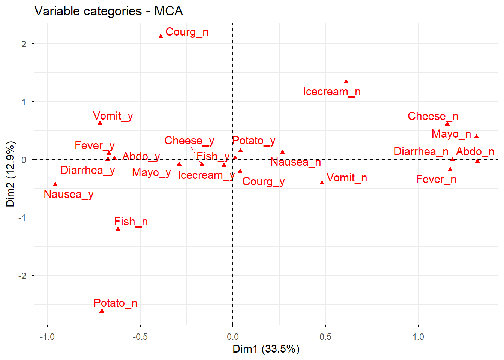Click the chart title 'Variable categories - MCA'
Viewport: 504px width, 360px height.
point(108,11)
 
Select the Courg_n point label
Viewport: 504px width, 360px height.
point(187,32)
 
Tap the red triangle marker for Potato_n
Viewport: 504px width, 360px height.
point(102,311)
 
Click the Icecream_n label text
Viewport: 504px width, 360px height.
point(332,92)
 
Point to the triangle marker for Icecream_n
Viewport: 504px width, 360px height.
point(346,81)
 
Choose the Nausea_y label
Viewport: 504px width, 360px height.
point(69,195)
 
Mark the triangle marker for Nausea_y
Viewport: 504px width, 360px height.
point(55,184)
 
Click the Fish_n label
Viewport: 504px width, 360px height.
point(131,222)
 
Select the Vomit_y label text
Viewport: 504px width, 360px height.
point(113,116)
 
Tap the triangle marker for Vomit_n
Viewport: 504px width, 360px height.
point(322,183)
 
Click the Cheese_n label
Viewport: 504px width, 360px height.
point(433,117)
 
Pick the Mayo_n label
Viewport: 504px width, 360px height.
point(451,134)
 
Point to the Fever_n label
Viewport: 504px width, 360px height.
point(436,180)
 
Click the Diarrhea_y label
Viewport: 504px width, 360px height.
point(88,171)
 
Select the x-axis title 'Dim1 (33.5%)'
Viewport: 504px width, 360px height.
point(266,349)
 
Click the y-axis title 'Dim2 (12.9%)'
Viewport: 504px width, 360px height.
point(10,174)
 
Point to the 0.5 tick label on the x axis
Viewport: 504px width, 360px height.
point(325,337)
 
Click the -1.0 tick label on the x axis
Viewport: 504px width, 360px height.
point(47,337)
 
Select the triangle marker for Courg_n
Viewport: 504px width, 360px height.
point(160,36)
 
